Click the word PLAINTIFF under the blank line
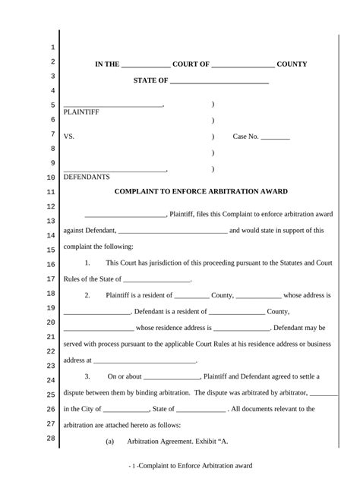click(81, 112)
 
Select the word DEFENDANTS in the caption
click(87, 177)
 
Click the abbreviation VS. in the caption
click(69, 137)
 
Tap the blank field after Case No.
click(276, 137)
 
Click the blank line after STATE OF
click(219, 81)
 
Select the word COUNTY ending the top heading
click(292, 64)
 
